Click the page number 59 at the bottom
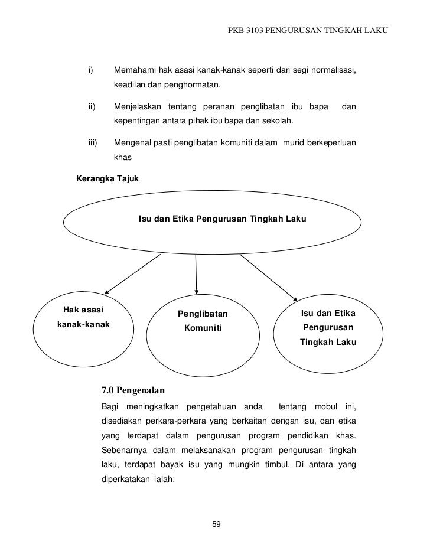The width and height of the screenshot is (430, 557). coord(216,523)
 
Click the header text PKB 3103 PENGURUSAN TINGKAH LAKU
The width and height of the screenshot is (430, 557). coord(308,29)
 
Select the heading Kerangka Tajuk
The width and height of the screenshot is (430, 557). coord(105,178)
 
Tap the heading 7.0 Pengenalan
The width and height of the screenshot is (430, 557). coord(133,390)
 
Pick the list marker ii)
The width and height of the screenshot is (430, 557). coord(92,107)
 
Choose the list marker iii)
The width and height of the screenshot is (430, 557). coord(93,142)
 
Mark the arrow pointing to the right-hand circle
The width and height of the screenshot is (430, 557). coord(268,278)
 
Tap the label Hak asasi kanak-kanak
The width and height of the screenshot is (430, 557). coord(83,316)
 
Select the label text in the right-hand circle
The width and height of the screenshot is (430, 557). coord(328,327)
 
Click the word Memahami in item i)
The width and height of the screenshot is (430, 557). coord(135,71)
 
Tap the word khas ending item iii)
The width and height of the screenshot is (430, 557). coord(122,158)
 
